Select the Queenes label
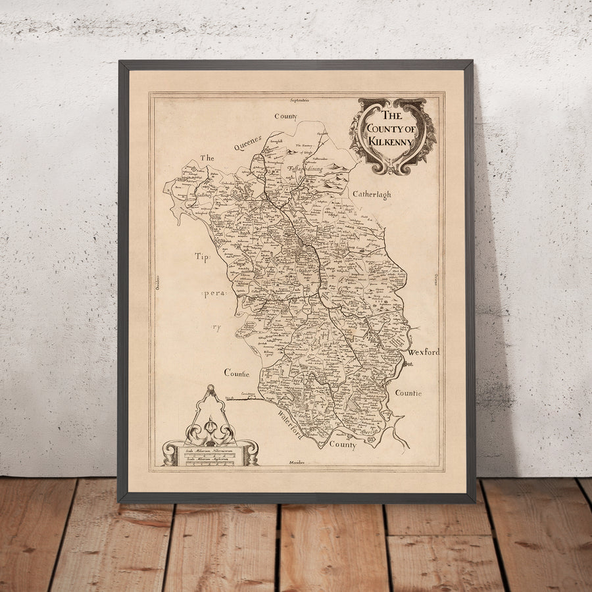[x=247, y=143]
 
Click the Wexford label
[x=424, y=352]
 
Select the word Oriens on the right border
[x=434, y=280]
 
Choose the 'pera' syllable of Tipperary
[x=214, y=294]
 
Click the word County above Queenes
[x=286, y=116]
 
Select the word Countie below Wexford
[x=408, y=393]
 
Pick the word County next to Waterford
[x=342, y=445]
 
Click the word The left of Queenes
[x=207, y=158]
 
